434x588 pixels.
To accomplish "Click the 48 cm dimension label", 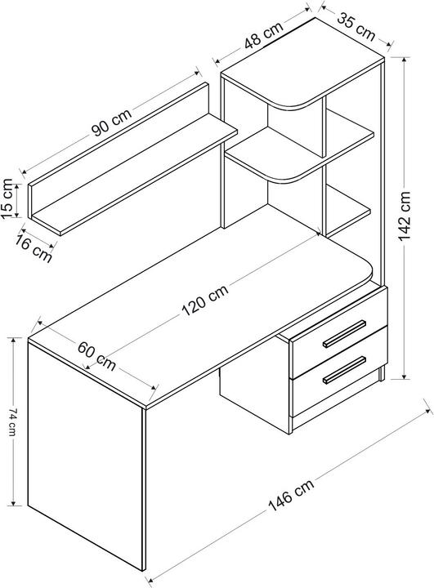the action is (x=263, y=36).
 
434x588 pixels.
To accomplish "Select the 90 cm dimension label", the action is (x=112, y=122).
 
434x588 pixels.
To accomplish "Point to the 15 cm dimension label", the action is (x=7, y=199).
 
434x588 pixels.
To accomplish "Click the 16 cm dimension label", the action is (x=34, y=249).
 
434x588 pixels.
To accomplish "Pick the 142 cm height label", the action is (x=405, y=216).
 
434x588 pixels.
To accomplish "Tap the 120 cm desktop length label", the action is (x=205, y=300).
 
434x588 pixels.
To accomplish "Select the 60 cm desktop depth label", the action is (x=96, y=356).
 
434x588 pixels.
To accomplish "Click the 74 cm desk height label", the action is (x=11, y=421).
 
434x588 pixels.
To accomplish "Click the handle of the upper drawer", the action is (x=344, y=333).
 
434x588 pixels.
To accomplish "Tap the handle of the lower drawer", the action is (x=344, y=370).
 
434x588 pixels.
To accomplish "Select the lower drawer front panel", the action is (x=340, y=372).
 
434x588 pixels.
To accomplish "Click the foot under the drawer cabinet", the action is (x=382, y=373).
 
